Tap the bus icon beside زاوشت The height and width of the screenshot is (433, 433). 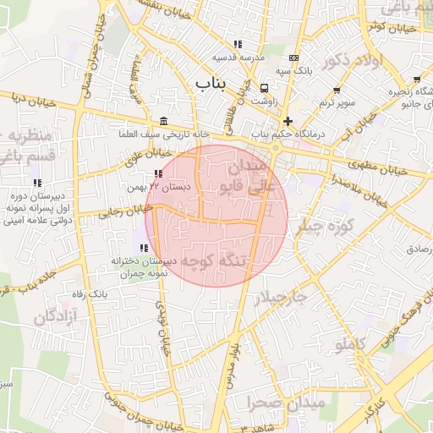pos(265,88)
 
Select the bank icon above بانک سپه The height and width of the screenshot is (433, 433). pos(293,58)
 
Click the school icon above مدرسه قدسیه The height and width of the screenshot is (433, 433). pos(238,44)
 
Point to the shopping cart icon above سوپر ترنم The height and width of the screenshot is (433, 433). pos(337,89)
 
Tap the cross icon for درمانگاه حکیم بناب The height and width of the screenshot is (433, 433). pos(288,121)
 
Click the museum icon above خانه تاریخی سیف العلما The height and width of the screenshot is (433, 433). pos(163,120)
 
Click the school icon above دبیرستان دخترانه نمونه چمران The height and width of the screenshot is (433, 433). pos(144,248)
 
